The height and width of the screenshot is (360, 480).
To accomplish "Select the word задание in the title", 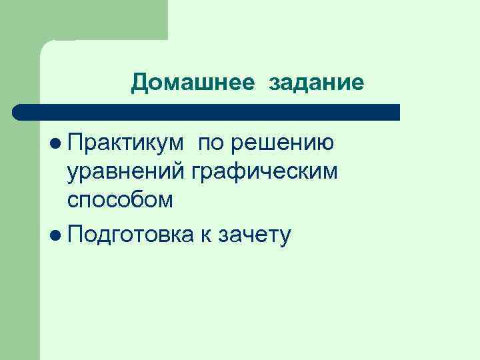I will (317, 83).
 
